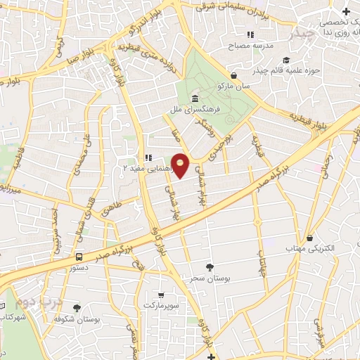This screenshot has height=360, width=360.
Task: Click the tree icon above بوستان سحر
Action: pyautogui.click(x=210, y=266)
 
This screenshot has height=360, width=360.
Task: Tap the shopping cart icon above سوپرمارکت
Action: pyautogui.click(x=162, y=295)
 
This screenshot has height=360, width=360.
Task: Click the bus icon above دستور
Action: pyautogui.click(x=79, y=257)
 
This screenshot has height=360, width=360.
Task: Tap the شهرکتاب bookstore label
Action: pyautogui.click(x=13, y=318)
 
